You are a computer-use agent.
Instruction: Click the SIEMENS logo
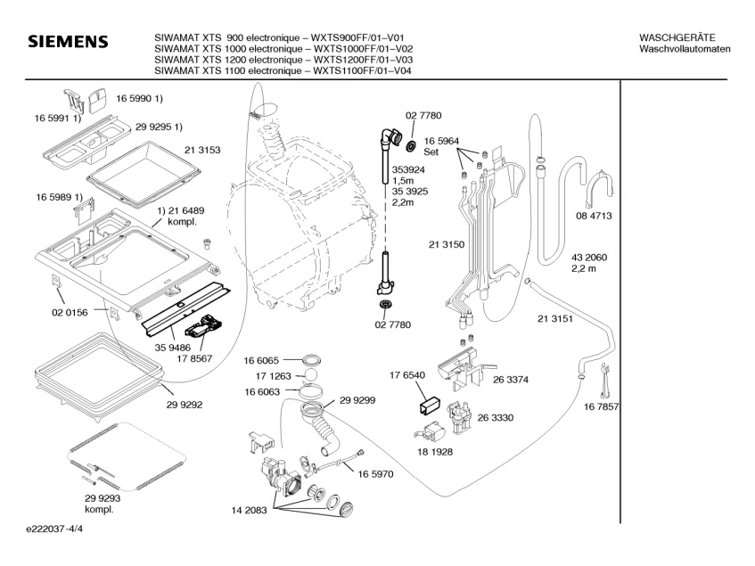click(x=68, y=43)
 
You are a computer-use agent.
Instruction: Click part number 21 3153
click(x=202, y=149)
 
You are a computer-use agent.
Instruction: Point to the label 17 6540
click(x=407, y=375)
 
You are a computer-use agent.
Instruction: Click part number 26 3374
click(x=512, y=379)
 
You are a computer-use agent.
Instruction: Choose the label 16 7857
click(x=603, y=406)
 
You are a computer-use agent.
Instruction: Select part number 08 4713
click(x=594, y=216)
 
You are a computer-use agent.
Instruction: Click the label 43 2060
click(x=589, y=257)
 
